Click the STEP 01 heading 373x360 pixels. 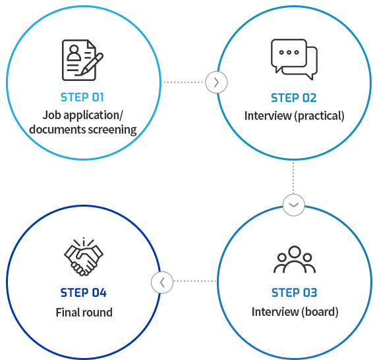[82, 97]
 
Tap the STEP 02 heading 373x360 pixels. [294, 98]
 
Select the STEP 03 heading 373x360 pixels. [295, 292]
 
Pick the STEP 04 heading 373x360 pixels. [83, 292]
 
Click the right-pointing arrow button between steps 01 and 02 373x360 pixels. [216, 82]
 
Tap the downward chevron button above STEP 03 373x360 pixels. [293, 205]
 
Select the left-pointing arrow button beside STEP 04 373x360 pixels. [162, 282]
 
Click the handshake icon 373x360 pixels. [84, 257]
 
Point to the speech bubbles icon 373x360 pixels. [294, 59]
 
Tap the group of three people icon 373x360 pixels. [295, 259]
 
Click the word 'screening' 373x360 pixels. [112, 130]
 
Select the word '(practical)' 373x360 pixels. [319, 116]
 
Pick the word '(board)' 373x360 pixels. [320, 312]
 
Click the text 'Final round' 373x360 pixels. [84, 312]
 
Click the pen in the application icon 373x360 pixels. [92, 64]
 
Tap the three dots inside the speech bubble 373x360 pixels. [289, 52]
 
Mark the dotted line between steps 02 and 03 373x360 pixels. [293, 178]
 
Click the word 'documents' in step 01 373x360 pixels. [57, 130]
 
